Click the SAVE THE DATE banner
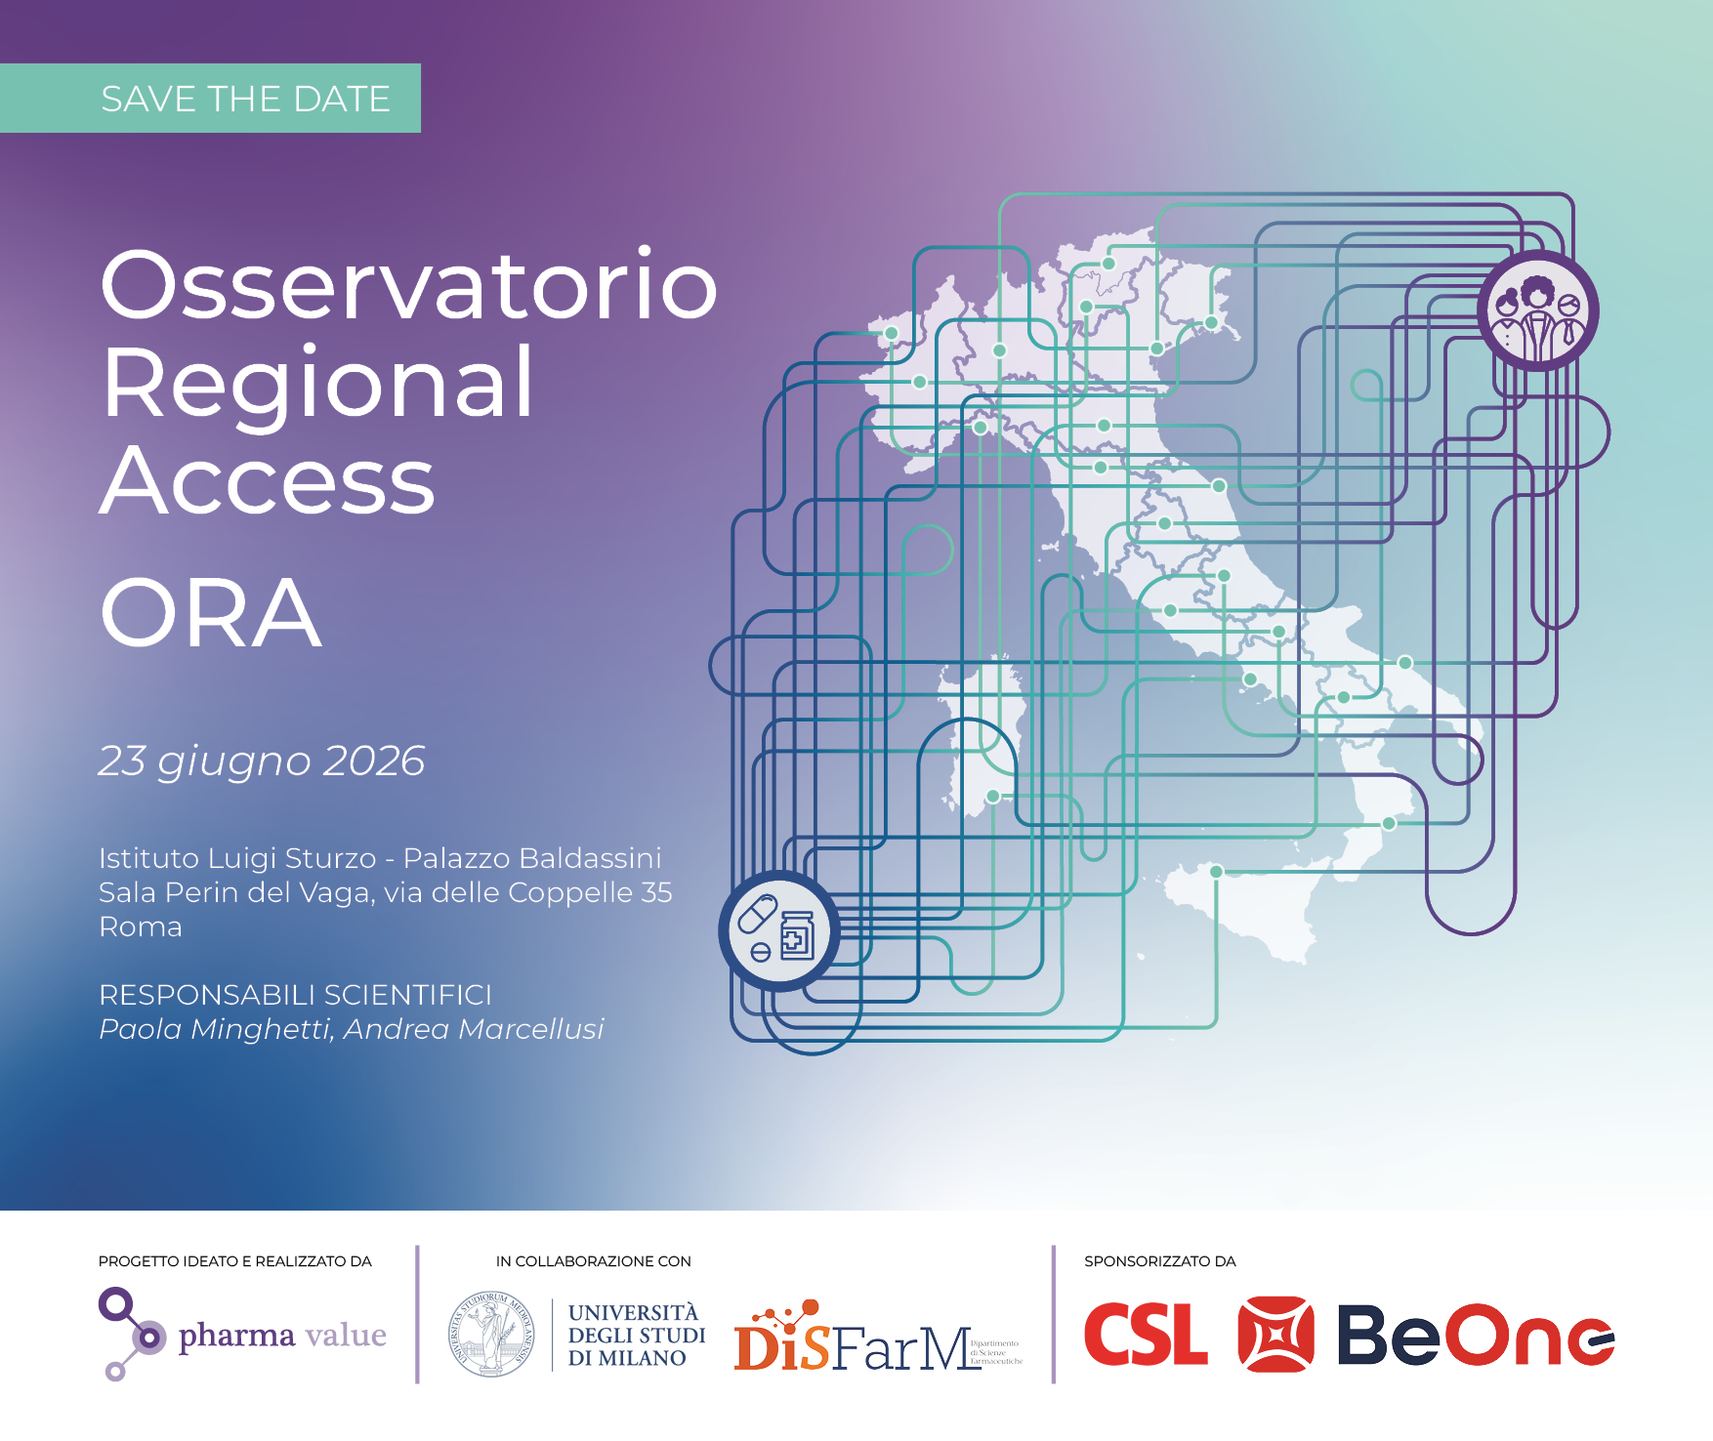click(x=211, y=99)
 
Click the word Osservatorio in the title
click(x=408, y=285)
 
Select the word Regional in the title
click(x=317, y=383)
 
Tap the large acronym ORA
click(x=211, y=613)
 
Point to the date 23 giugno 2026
click(x=262, y=762)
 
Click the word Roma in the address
click(x=141, y=926)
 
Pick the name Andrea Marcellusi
click(x=474, y=1029)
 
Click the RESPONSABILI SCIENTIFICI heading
click(x=295, y=995)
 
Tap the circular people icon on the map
click(x=1537, y=310)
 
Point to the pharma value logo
click(x=243, y=1334)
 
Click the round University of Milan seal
click(x=491, y=1335)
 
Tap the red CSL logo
click(x=1146, y=1335)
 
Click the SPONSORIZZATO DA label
click(x=1160, y=1261)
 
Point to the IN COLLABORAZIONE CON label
click(x=593, y=1261)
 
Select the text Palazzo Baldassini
click(x=532, y=858)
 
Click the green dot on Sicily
click(x=1216, y=871)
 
